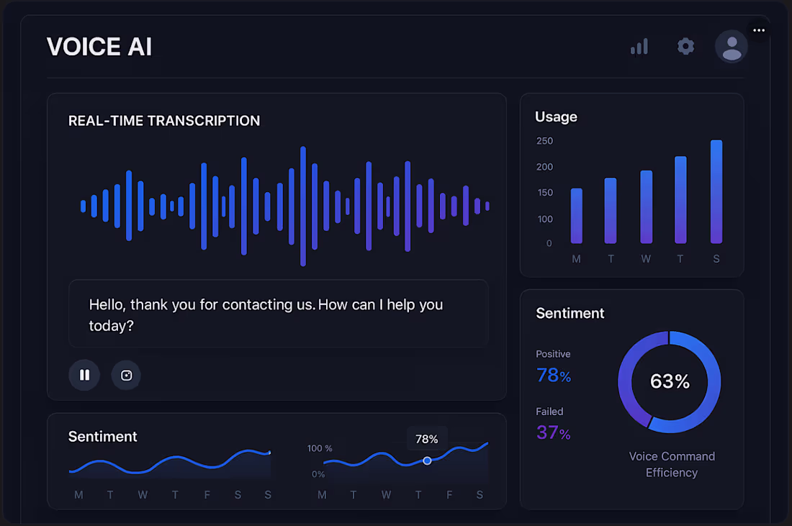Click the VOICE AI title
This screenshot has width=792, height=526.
pos(99,47)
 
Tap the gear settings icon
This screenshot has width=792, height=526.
pos(685,47)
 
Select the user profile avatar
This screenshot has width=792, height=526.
pos(732,47)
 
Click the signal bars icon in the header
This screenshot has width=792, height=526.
pos(639,47)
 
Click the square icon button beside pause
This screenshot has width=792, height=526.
pos(126,375)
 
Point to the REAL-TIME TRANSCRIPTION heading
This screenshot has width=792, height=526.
pos(164,121)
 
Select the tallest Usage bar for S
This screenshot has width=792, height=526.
pos(716,191)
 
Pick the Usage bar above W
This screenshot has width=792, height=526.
pos(646,207)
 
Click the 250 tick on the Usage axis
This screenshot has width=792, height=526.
pos(544,141)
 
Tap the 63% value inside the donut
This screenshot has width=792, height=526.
pos(670,381)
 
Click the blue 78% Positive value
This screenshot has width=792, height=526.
pos(554,376)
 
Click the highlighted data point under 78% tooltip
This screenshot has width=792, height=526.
pos(427,461)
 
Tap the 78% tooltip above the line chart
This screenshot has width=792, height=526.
pos(427,439)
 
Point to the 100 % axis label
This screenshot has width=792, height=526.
pos(320,448)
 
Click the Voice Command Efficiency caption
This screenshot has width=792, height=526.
pos(672,464)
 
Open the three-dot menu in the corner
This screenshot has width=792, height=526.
pos(758,30)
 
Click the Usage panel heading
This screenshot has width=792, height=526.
pos(556,117)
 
